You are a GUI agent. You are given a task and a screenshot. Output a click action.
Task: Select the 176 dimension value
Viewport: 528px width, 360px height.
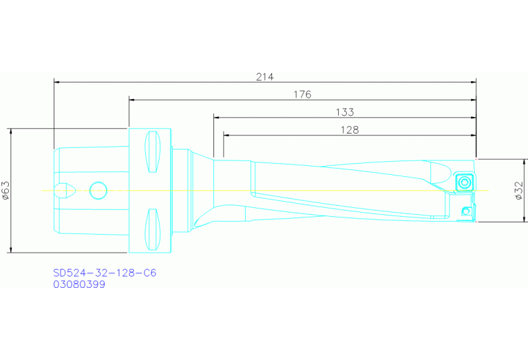(303, 94)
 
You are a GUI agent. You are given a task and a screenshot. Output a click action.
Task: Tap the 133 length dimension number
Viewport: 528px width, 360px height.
(344, 112)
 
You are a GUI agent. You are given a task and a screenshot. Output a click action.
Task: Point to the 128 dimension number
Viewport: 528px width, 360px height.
(350, 129)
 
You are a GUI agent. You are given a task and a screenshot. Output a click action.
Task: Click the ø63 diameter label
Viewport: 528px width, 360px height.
(6, 190)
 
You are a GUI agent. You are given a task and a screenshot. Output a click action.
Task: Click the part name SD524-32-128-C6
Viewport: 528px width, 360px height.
(105, 273)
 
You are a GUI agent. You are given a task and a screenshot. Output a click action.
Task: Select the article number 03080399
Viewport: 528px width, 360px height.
(79, 284)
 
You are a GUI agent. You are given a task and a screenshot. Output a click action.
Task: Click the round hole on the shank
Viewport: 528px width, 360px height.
(98, 190)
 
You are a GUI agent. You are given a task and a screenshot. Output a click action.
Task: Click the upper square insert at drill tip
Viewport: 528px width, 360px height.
(463, 182)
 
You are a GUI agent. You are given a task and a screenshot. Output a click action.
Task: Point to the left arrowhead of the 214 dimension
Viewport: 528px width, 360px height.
(57, 82)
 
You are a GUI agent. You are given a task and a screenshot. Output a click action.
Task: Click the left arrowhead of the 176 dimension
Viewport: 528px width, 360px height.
(132, 99)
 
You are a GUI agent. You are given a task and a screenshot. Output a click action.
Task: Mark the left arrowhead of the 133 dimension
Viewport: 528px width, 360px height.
(217, 117)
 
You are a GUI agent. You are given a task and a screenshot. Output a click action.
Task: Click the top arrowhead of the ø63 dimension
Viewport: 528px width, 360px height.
(12, 131)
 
